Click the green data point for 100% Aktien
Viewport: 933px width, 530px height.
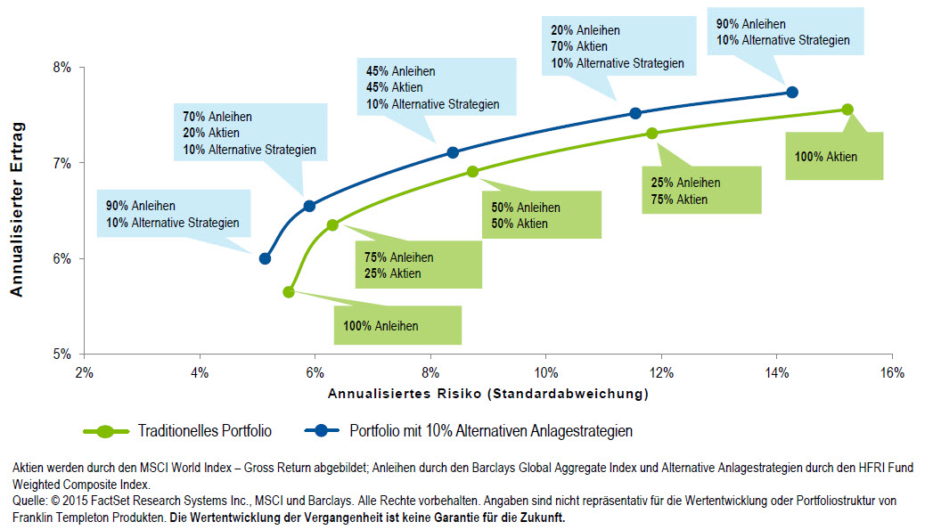coord(847,110)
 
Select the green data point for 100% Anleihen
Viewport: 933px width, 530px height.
coord(289,291)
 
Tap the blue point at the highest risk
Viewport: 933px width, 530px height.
coord(792,92)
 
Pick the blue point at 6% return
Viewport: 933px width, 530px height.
coord(265,258)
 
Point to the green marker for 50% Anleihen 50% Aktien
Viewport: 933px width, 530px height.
coord(472,171)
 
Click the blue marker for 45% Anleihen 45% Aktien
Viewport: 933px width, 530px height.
coord(453,152)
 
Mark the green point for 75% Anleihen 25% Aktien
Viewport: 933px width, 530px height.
coord(332,225)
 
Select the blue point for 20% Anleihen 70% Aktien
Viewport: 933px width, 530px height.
coord(635,113)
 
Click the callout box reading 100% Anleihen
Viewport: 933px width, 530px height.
coord(397,326)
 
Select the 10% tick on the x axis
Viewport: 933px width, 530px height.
coord(545,371)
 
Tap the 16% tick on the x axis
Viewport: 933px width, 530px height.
coord(891,371)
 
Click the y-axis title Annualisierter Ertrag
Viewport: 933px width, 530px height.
coord(16,210)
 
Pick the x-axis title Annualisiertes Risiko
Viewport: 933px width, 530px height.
coord(487,393)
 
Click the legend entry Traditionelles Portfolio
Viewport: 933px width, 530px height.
coord(205,431)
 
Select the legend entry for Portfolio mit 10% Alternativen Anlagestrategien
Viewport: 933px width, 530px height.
coord(491,431)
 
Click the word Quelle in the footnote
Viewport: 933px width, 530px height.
coord(29,501)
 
